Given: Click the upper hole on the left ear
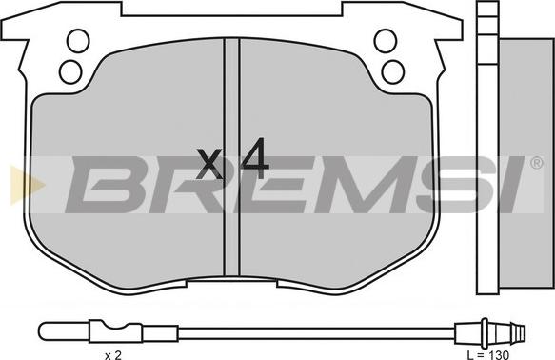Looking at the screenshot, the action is point(78,41).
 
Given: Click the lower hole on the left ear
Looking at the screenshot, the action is point(70,71).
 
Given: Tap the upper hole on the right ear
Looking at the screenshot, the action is point(386,41).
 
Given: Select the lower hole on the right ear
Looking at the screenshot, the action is point(393,71).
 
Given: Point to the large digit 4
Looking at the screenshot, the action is point(254,158).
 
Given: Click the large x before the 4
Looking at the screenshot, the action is point(209,164).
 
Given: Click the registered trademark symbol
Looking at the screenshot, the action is point(537,163).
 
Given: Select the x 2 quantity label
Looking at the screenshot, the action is point(113,355).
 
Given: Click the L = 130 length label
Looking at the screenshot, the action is point(487,354).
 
